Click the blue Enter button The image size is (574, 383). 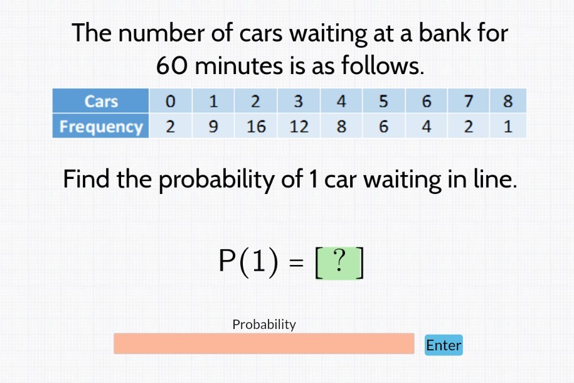coord(444,345)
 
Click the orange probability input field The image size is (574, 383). coord(263,343)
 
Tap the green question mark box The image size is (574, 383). coord(339,262)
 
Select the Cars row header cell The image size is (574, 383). coord(101,101)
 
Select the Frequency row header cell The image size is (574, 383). coord(101,126)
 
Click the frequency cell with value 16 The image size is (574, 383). coord(256,126)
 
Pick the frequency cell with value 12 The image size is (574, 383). coord(299,126)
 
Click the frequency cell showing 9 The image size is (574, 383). coord(213,126)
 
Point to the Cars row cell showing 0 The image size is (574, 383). coord(170,101)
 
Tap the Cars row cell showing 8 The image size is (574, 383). coord(508,101)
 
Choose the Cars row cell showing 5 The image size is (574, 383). coord(383,101)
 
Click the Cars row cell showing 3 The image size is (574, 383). coord(299,101)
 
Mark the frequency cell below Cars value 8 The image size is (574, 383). coord(508,126)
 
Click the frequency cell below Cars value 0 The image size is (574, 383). coord(170,126)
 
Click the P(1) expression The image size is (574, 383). coord(248,262)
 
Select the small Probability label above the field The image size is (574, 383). coord(263,324)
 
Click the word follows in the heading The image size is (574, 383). coord(382,65)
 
